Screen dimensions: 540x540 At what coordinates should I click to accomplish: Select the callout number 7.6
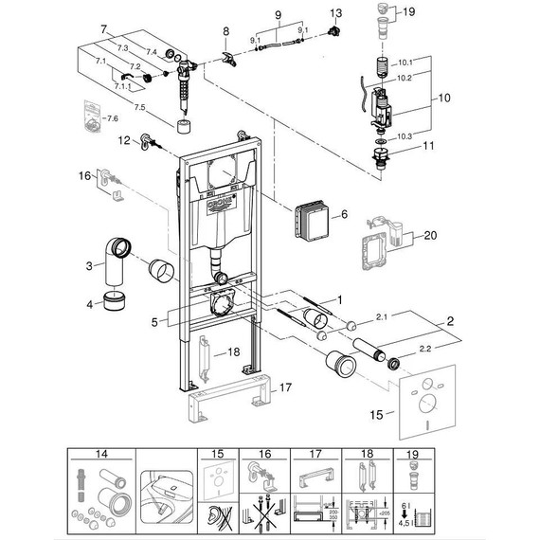coord(112,118)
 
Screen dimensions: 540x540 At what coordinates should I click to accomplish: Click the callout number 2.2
coord(423,349)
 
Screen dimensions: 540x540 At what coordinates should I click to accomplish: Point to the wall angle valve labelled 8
coord(226,59)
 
